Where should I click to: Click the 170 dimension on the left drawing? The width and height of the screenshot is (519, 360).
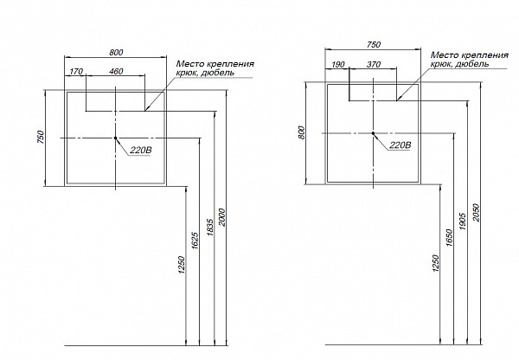click(x=76, y=71)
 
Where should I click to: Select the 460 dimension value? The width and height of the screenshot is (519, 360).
click(x=116, y=71)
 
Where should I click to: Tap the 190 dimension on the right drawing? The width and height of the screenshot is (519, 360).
click(x=338, y=64)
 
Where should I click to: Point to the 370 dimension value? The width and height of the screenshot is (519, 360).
click(x=374, y=64)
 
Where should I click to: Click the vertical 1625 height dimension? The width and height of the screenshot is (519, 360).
click(x=195, y=241)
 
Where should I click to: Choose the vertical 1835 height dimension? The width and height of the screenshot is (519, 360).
click(x=210, y=228)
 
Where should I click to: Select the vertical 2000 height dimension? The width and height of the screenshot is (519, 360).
click(x=221, y=217)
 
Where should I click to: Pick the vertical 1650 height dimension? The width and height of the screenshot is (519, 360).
click(x=449, y=237)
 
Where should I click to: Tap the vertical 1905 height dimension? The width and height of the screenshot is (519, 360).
click(x=463, y=222)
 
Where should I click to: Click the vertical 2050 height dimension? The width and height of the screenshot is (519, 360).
click(x=476, y=212)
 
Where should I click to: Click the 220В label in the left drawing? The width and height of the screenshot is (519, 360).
click(x=141, y=150)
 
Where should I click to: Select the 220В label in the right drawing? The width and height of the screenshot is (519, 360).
click(x=400, y=145)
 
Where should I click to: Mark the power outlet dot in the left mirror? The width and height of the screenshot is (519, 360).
click(x=115, y=138)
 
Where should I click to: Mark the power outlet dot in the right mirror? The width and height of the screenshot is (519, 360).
click(x=373, y=133)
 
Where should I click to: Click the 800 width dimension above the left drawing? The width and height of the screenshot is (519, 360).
click(x=116, y=52)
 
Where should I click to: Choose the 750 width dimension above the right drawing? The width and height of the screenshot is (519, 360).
click(x=374, y=44)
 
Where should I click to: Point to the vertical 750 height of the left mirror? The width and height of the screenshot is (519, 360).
click(x=40, y=137)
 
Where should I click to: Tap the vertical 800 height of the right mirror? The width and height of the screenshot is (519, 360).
click(x=301, y=132)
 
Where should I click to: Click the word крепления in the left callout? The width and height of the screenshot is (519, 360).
click(x=229, y=64)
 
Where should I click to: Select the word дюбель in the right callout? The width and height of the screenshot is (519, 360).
click(x=472, y=64)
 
